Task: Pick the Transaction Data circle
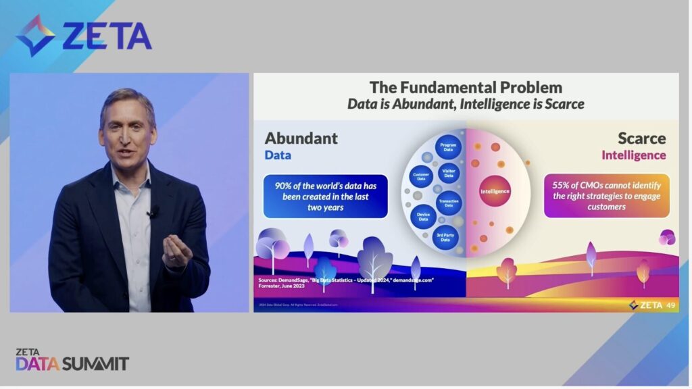pos(449,203)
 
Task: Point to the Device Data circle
pos(424,216)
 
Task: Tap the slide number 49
pos(670,305)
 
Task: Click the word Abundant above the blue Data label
pos(301,138)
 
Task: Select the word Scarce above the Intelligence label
pos(641,138)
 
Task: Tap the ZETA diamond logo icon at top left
pos(35,35)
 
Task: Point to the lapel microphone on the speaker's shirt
pos(151,212)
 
